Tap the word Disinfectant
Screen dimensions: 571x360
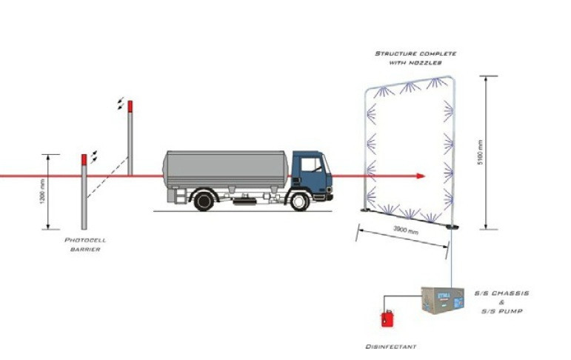[x=391, y=347]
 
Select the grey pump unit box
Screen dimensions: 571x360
[x=442, y=300]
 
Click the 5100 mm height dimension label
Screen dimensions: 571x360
[x=480, y=152]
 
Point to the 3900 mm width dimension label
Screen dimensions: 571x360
[x=406, y=230]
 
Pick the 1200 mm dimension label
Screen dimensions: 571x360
[x=43, y=192]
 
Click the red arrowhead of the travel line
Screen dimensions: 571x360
[x=421, y=176]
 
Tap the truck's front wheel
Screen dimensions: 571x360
[x=299, y=201]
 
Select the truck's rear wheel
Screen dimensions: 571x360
[x=204, y=201]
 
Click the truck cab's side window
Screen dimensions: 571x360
[x=311, y=164]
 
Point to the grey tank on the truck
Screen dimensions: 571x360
[x=226, y=170]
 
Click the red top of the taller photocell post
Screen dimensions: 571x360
[x=130, y=107]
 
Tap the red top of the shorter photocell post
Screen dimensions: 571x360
[x=84, y=159]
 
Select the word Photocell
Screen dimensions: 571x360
[x=85, y=240]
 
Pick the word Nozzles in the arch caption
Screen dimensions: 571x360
[x=425, y=63]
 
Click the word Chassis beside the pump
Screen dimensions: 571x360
[x=509, y=293]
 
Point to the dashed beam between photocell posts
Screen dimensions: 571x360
[x=107, y=178]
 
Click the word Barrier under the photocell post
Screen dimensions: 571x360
[x=85, y=250]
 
